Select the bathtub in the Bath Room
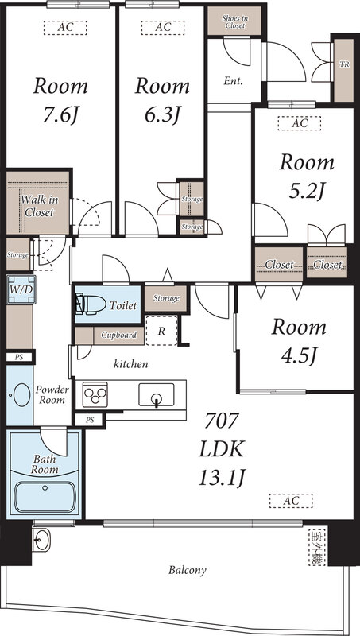point(44,496)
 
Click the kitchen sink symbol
point(156,394)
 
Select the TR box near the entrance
point(344,65)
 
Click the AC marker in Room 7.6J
point(62,27)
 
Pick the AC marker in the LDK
point(290,500)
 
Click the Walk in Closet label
point(37,207)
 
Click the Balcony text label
point(188,570)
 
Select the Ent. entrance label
point(234,80)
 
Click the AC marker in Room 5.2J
point(300,124)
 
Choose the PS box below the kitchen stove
point(90,419)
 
